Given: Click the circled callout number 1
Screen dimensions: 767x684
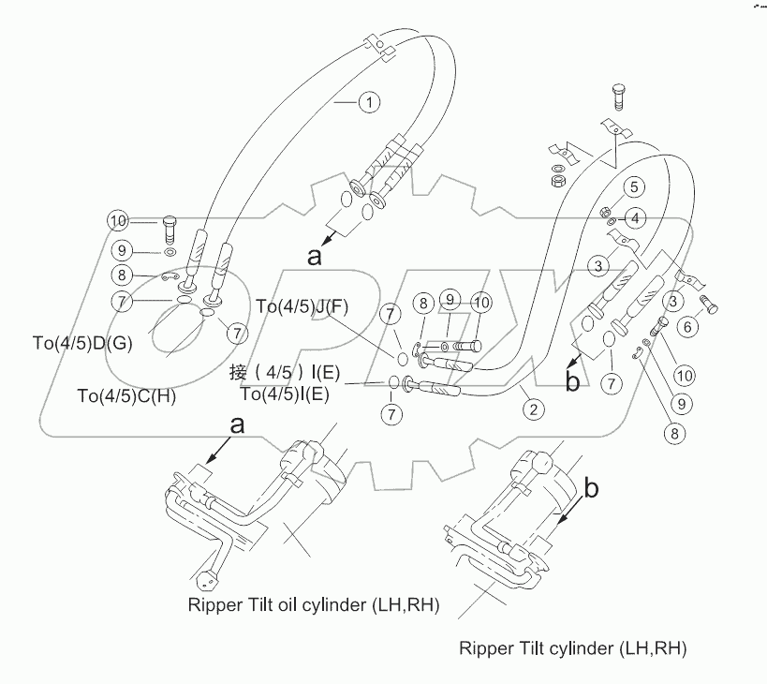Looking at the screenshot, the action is pyautogui.click(x=369, y=102).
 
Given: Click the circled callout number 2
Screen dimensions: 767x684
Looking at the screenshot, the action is pyautogui.click(x=533, y=409).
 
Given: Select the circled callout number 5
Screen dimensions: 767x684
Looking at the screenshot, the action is pyautogui.click(x=634, y=186).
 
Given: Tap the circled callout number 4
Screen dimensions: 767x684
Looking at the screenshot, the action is pyautogui.click(x=635, y=218).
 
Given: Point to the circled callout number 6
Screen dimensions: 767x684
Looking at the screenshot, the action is pyautogui.click(x=687, y=326).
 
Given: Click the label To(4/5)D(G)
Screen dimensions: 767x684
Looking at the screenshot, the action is pyautogui.click(x=82, y=343).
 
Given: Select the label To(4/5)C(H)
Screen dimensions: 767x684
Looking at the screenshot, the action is pyautogui.click(x=126, y=395).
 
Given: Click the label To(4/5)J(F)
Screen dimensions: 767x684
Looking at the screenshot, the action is pyautogui.click(x=302, y=306).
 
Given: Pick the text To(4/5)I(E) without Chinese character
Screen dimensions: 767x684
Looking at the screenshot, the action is pyautogui.click(x=285, y=394).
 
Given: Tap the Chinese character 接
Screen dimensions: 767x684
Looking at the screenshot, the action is pyautogui.click(x=238, y=373).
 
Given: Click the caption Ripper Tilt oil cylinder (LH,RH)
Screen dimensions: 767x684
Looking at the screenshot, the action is pyautogui.click(x=314, y=604).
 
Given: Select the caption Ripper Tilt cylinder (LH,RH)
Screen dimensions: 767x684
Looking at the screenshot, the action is pyautogui.click(x=573, y=648).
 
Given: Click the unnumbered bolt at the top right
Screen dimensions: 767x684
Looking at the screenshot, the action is pyautogui.click(x=618, y=97).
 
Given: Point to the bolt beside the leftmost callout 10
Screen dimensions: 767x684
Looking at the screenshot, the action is pyautogui.click(x=169, y=229).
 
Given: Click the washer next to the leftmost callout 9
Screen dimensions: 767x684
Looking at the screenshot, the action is pyautogui.click(x=170, y=252).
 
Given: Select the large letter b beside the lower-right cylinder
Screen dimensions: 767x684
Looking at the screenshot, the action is pyautogui.click(x=591, y=488).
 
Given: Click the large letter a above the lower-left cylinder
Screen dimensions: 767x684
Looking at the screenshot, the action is pyautogui.click(x=237, y=424).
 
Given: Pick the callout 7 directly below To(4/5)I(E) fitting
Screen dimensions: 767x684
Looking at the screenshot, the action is pyautogui.click(x=391, y=414).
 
